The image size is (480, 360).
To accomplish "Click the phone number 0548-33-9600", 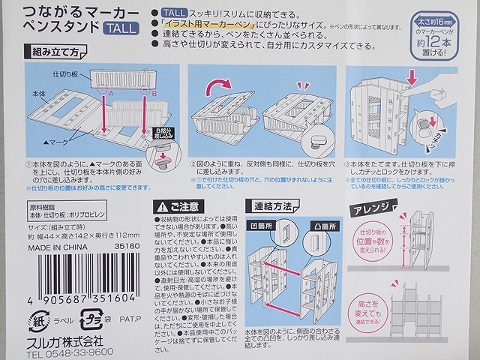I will click(61, 352).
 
